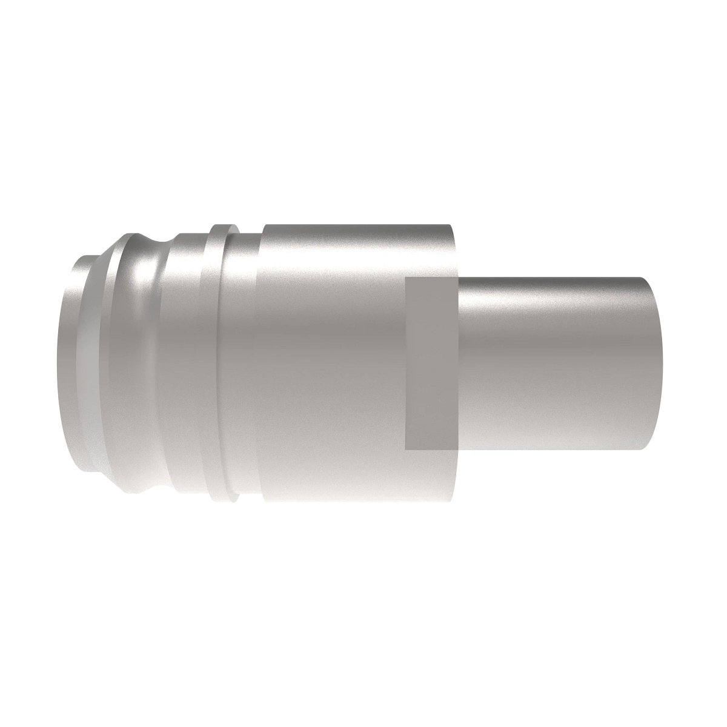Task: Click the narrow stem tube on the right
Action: click(x=557, y=363)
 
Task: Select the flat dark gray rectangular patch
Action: click(x=431, y=363)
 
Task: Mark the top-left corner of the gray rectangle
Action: click(x=406, y=278)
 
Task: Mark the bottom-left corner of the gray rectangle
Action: click(x=406, y=450)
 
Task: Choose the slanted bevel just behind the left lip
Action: click(x=91, y=363)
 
